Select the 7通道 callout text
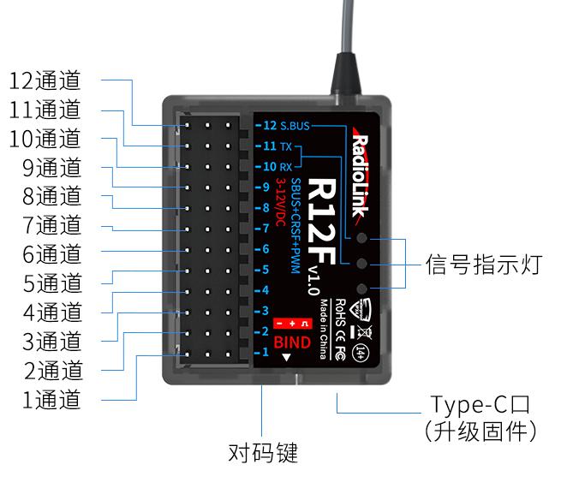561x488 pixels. (52, 226)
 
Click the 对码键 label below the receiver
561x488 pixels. (263, 452)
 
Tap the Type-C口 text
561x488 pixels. (483, 404)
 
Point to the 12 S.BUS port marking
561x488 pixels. (287, 126)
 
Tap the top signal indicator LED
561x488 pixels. (362, 240)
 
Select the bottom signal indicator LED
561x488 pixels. (362, 289)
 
